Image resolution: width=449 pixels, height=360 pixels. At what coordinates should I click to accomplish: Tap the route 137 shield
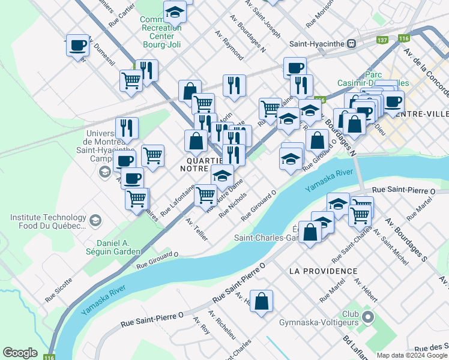pyautogui.click(x=382, y=40)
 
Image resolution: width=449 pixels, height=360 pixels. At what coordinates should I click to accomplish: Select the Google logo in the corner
pyautogui.click(x=20, y=353)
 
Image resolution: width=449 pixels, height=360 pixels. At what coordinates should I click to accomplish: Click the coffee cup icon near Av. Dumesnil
pyautogui.click(x=77, y=45)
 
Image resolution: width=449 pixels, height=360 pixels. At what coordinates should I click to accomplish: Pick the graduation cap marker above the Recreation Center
pyautogui.click(x=175, y=11)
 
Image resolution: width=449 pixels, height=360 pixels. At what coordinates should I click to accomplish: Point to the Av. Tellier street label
pyautogui.click(x=197, y=229)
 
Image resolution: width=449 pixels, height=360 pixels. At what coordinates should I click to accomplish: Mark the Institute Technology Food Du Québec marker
pyautogui.click(x=95, y=222)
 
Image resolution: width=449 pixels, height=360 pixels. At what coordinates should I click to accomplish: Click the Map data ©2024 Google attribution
pyautogui.click(x=412, y=355)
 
